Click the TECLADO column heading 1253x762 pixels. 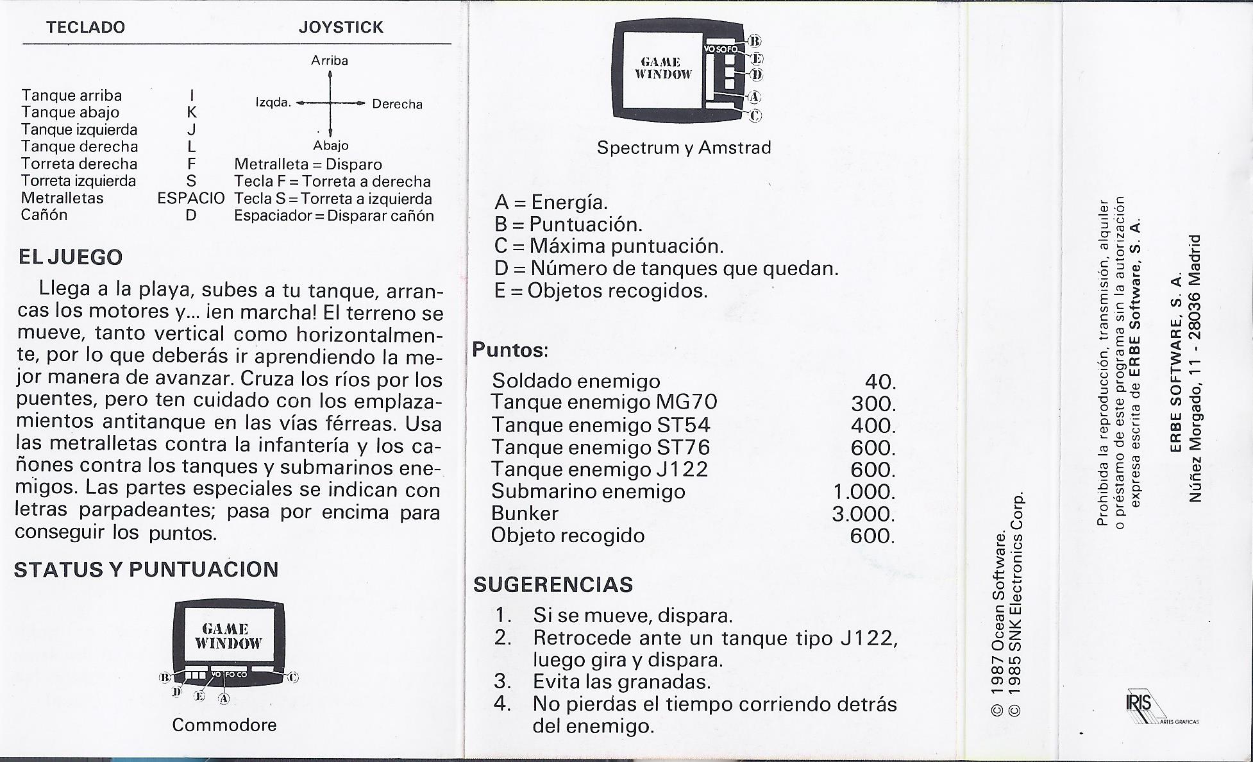tap(85, 27)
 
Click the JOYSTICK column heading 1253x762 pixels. tap(341, 27)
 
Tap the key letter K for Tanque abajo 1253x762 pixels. tap(191, 112)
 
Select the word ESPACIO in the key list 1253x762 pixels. tap(191, 198)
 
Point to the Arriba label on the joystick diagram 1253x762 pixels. tap(330, 60)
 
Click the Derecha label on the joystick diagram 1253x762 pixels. tap(397, 104)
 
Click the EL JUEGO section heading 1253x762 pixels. tap(70, 257)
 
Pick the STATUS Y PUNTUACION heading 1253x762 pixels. tap(146, 570)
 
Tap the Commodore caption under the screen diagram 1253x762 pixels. tap(224, 725)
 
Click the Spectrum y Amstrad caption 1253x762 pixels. tap(684, 148)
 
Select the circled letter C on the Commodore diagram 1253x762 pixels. tap(293, 677)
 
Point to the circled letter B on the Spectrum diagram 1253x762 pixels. tap(755, 42)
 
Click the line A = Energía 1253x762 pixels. tap(551, 203)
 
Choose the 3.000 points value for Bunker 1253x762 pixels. tap(863, 514)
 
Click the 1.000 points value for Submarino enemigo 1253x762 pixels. tap(863, 492)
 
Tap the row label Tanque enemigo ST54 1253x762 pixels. tap(600, 425)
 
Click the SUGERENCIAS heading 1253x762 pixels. tap(553, 584)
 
